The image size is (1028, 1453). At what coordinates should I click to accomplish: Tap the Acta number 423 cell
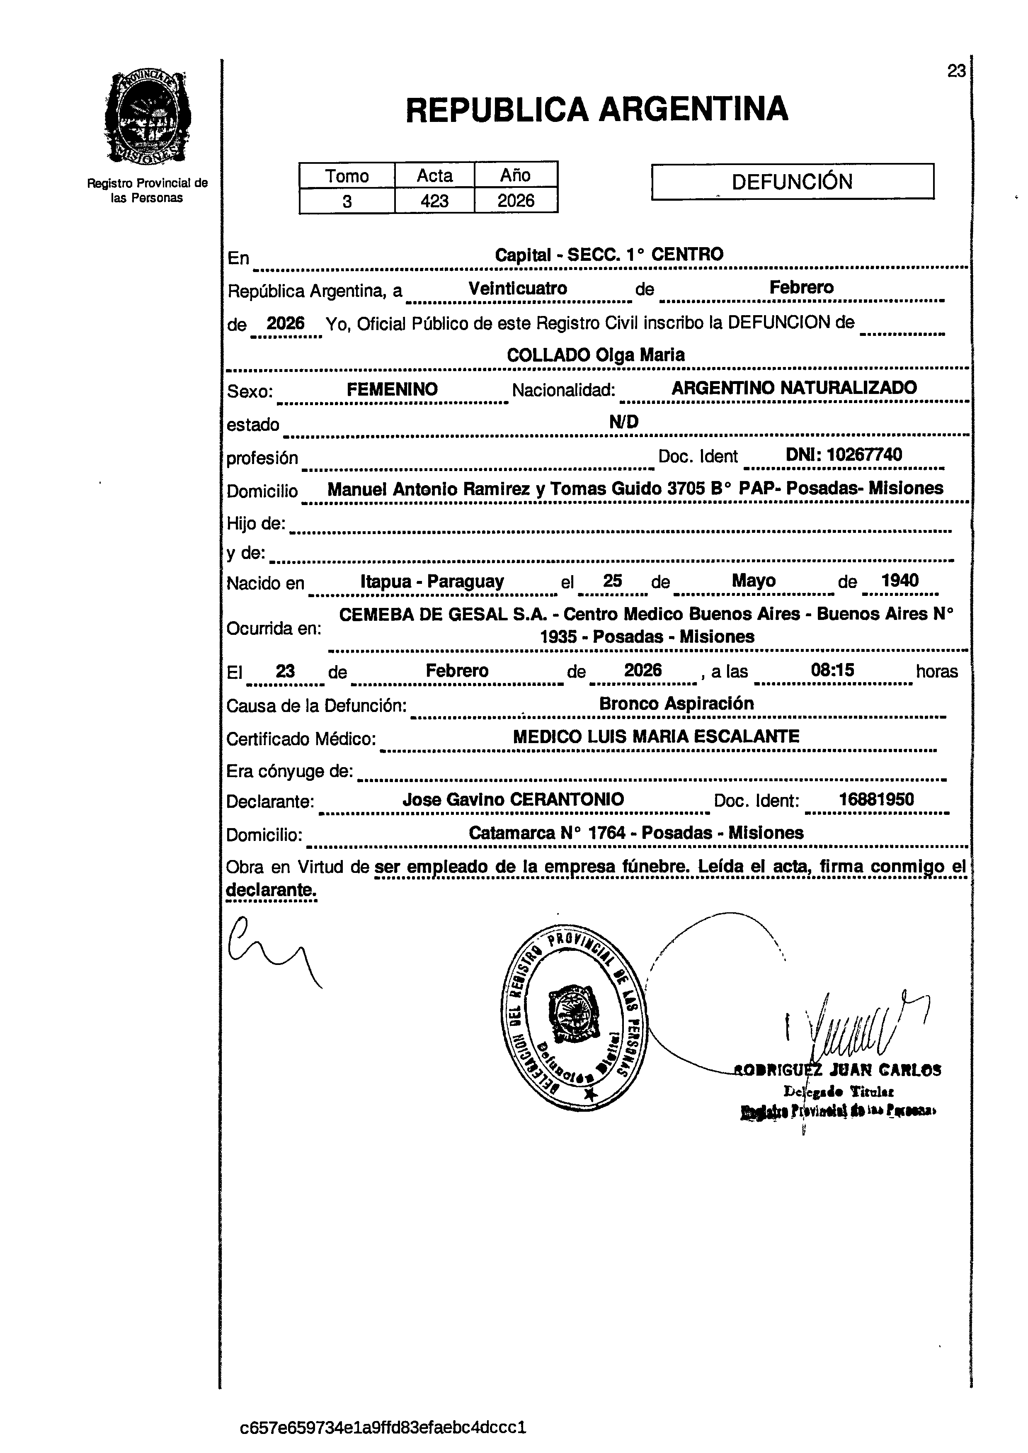click(x=434, y=201)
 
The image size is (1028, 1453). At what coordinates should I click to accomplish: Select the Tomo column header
click(x=347, y=175)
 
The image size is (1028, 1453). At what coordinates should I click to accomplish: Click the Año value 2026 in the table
click(x=515, y=201)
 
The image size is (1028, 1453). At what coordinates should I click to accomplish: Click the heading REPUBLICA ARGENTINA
click(x=596, y=109)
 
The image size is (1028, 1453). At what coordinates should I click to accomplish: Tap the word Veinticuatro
click(x=518, y=289)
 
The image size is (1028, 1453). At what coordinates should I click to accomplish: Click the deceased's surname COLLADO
click(x=548, y=355)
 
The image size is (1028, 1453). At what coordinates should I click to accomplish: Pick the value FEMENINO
click(x=392, y=389)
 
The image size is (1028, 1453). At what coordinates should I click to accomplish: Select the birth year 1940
click(x=899, y=581)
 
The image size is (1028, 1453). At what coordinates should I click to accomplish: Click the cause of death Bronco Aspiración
click(x=676, y=703)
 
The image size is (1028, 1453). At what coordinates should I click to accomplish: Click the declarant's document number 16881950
click(x=876, y=799)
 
